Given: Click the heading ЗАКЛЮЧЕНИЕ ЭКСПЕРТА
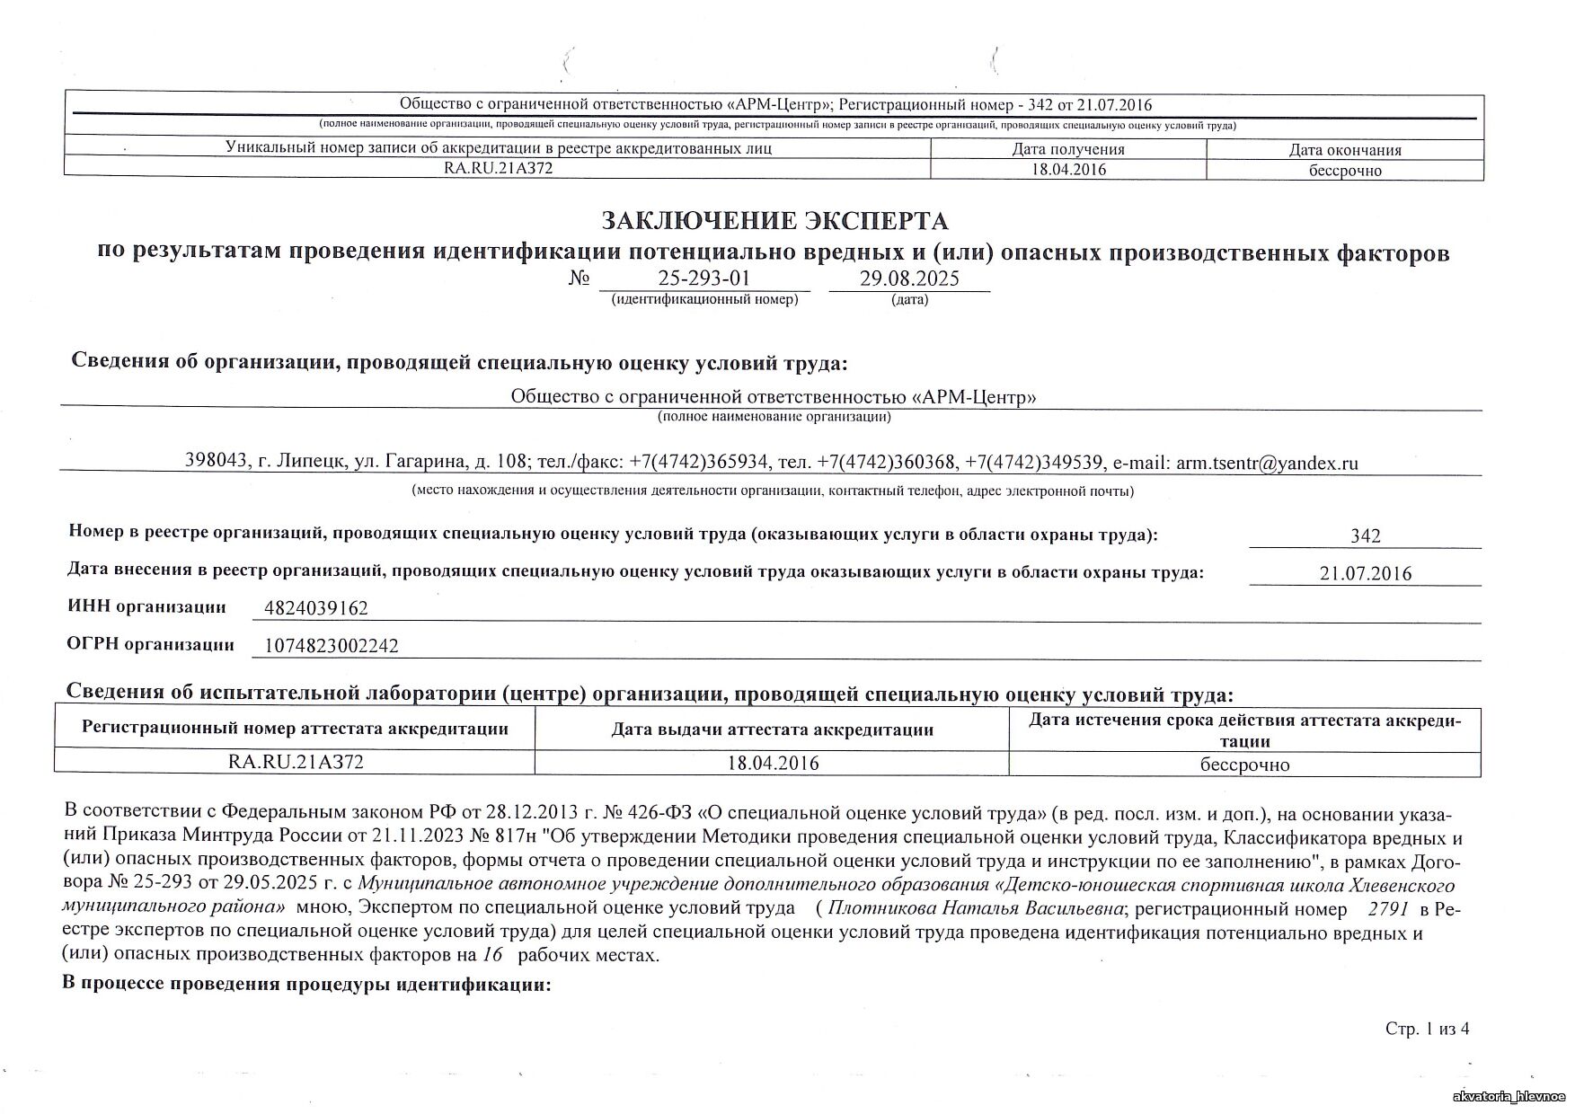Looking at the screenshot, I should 774,221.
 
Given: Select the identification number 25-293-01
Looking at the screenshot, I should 703,278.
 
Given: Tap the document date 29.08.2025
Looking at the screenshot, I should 909,278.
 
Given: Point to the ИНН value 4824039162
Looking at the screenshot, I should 316,609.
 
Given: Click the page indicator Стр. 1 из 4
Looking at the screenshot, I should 1428,1030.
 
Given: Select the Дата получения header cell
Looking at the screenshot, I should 1068,150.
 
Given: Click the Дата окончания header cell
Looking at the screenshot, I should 1345,151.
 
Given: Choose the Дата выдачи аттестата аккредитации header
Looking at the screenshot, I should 772,730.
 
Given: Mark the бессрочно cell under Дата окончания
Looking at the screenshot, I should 1345,171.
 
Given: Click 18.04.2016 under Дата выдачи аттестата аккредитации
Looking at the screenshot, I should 773,764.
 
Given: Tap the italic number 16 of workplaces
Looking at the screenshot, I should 491,954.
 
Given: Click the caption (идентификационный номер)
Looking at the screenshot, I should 704,299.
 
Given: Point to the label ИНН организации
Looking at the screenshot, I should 147,606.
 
